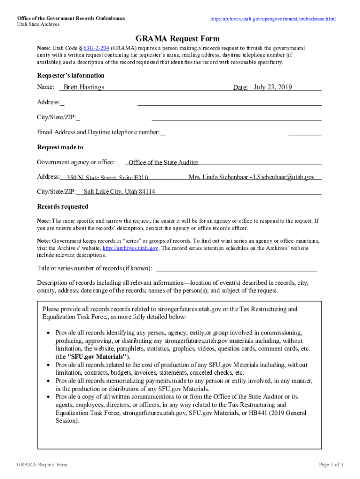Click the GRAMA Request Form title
click(177, 38)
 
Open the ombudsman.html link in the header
click(273, 19)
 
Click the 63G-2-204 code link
click(96, 48)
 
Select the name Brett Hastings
click(84, 87)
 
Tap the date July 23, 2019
click(273, 87)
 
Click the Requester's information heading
click(71, 76)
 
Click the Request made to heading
click(60, 147)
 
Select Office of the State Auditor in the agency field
click(163, 163)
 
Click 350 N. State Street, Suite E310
click(107, 178)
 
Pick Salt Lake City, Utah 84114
click(119, 191)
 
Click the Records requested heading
click(62, 207)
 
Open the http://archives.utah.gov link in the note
click(130, 248)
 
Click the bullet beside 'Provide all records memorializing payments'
click(49, 381)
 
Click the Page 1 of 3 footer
click(331, 464)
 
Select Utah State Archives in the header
click(38, 24)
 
